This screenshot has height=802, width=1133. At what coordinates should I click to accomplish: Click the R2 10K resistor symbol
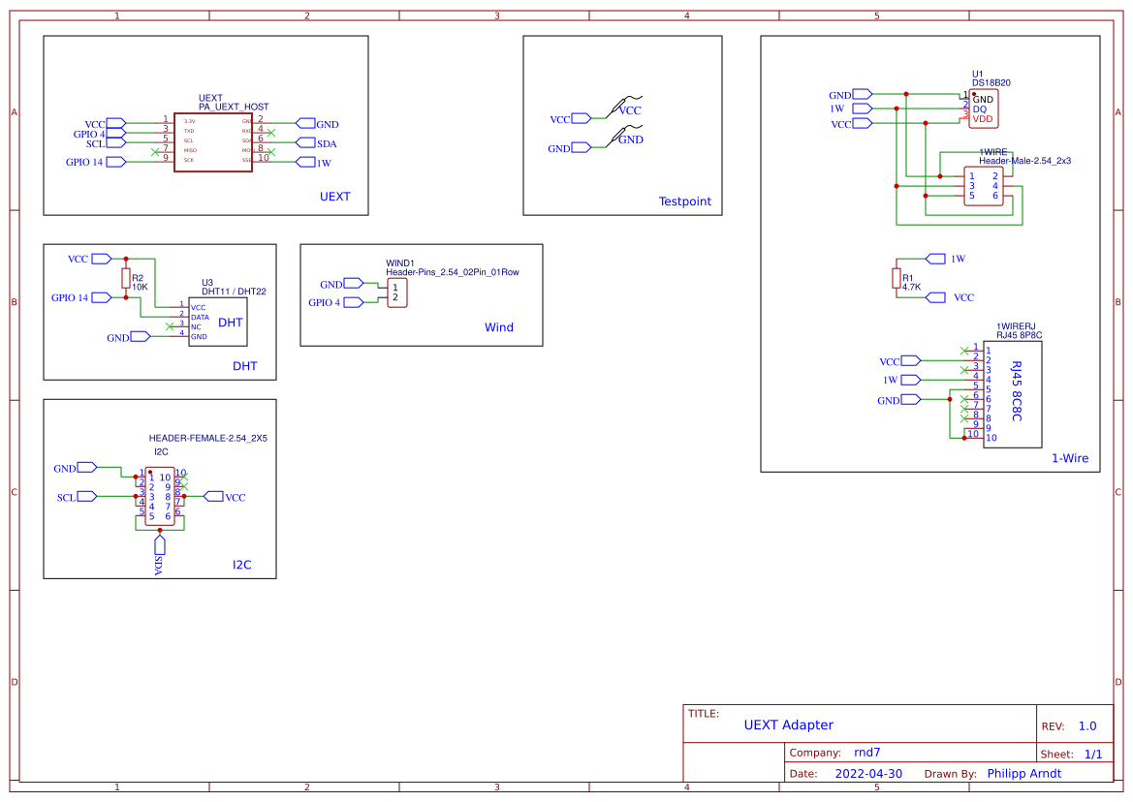[125, 279]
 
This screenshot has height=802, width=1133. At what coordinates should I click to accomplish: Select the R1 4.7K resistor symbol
[896, 279]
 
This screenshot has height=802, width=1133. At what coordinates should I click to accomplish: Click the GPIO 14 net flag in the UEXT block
[115, 162]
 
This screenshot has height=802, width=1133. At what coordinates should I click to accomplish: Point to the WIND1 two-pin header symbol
[395, 293]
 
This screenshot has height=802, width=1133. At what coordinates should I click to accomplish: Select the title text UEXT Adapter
[788, 725]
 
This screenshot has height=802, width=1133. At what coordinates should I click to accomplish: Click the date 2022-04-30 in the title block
[868, 774]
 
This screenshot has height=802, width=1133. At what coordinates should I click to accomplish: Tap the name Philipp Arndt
[1023, 774]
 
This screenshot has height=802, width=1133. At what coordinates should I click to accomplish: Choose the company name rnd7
[866, 752]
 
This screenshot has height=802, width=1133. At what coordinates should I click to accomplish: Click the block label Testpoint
[684, 201]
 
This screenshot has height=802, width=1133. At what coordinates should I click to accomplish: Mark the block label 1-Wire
[1070, 458]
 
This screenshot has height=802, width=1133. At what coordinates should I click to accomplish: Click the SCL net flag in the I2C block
[87, 497]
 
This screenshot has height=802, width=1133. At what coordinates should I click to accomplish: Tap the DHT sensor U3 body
[218, 322]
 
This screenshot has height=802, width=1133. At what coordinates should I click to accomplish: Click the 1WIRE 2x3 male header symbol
[983, 186]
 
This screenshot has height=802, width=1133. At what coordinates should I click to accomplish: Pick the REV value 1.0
[1087, 725]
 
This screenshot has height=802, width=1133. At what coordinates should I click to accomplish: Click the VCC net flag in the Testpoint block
[582, 119]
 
